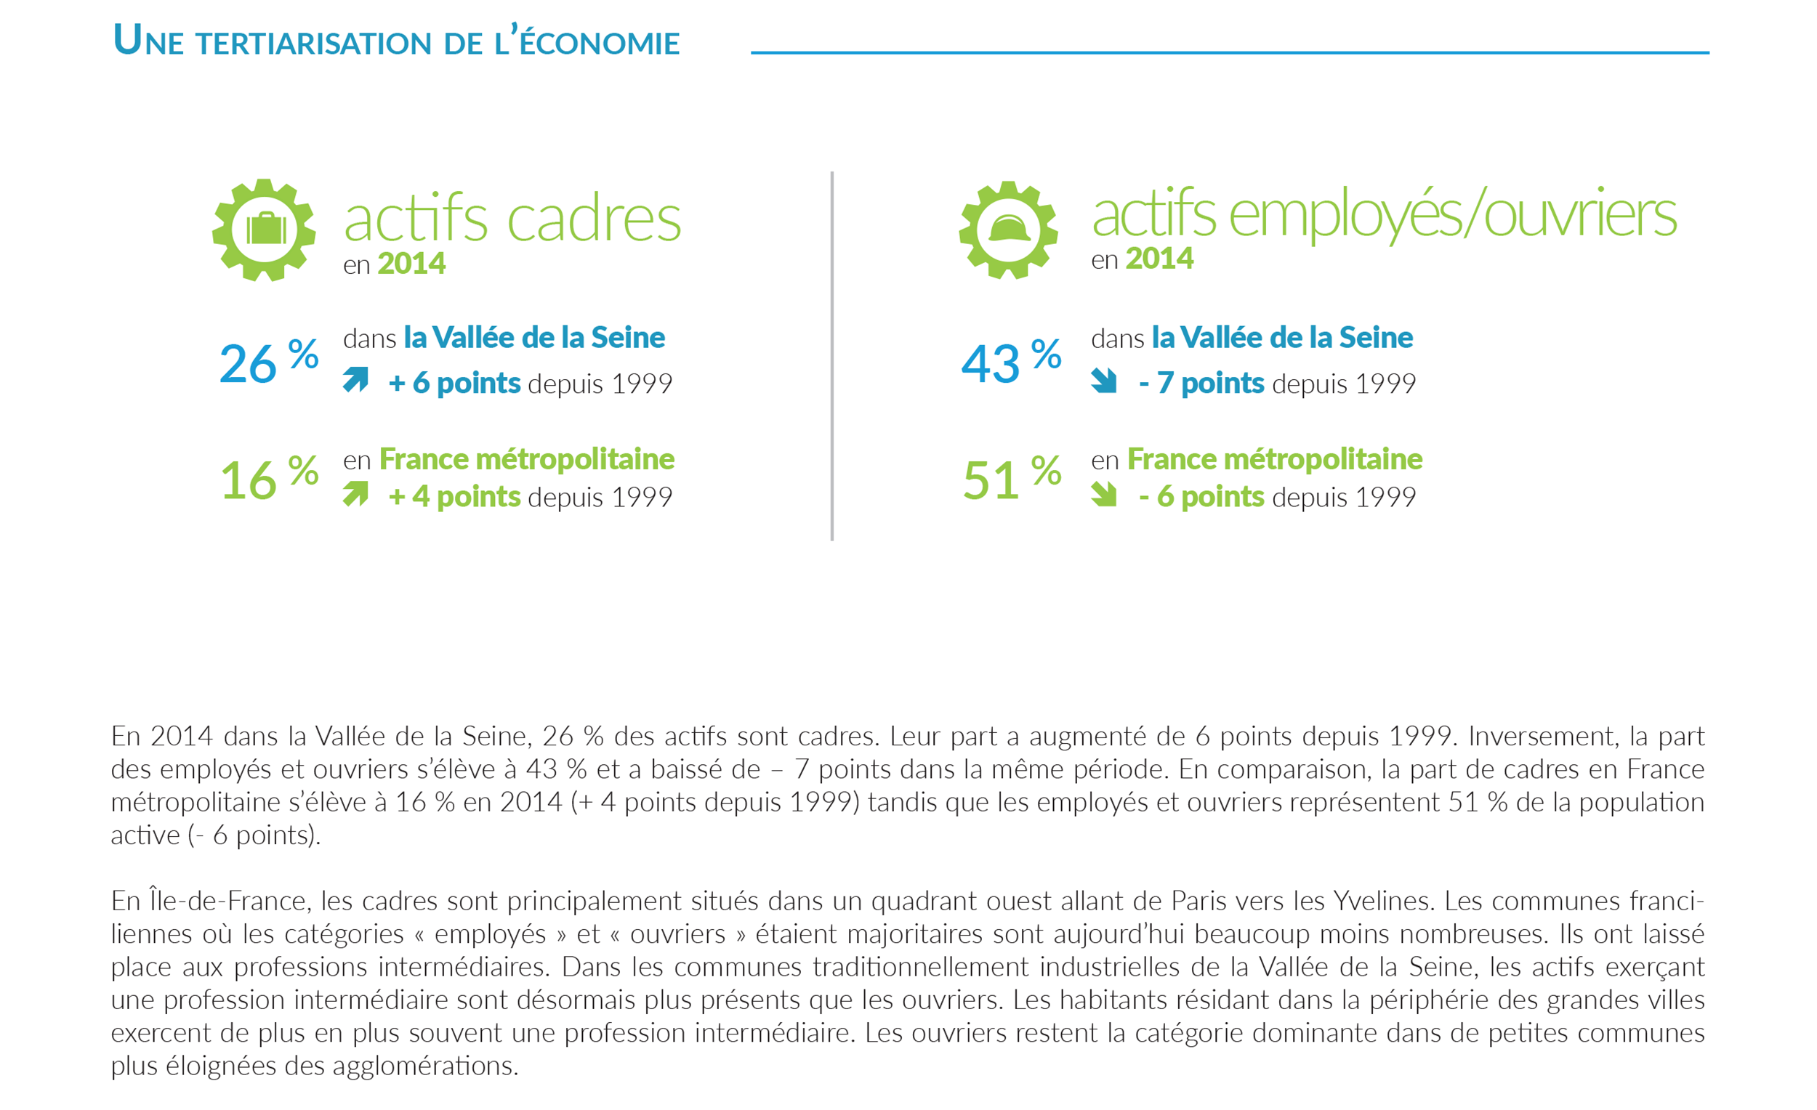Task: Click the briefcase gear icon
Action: click(x=264, y=230)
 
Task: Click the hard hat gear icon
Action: click(x=1008, y=230)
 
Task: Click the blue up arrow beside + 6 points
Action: click(x=355, y=380)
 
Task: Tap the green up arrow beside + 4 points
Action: click(x=355, y=493)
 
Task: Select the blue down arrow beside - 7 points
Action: click(x=1104, y=381)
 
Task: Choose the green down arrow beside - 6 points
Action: click(x=1104, y=494)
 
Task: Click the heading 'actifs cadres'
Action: click(x=512, y=219)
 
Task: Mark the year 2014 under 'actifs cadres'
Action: click(x=411, y=264)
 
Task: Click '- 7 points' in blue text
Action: click(x=1201, y=384)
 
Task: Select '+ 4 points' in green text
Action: click(x=454, y=497)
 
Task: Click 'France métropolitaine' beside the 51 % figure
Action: click(x=1274, y=459)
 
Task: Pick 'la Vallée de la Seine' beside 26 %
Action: click(x=534, y=338)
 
